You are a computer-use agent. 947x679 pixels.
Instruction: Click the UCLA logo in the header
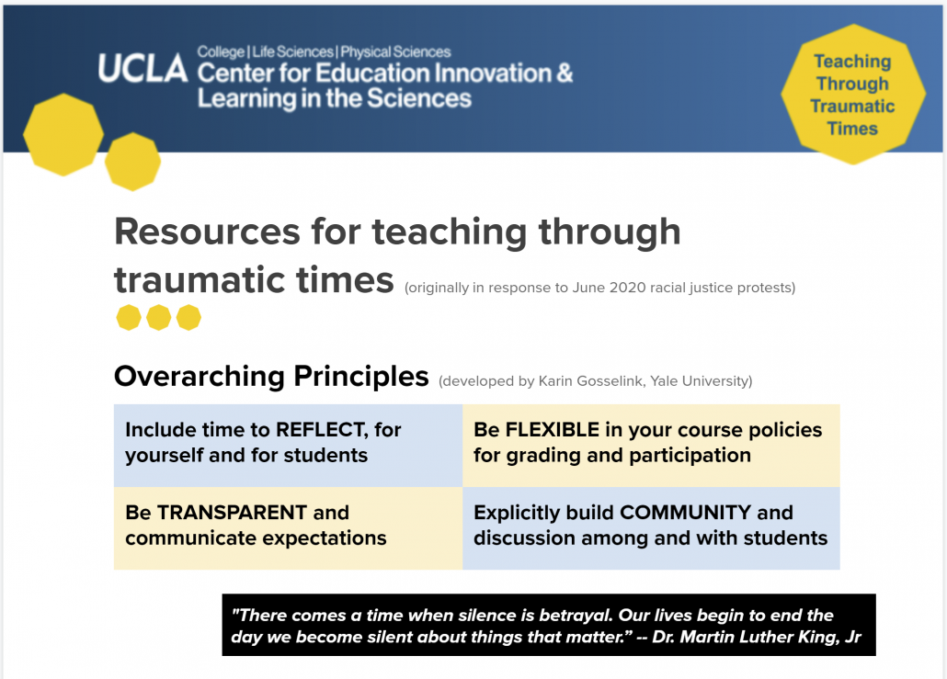click(143, 68)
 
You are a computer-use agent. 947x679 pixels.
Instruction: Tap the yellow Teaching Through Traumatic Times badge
click(853, 94)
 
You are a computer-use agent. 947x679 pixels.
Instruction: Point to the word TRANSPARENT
click(232, 513)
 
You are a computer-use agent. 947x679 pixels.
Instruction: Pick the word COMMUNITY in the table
click(686, 513)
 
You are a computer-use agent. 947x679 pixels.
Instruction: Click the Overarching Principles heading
click(271, 377)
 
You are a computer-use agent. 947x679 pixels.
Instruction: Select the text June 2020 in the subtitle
click(610, 288)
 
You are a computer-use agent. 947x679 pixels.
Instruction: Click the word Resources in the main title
click(207, 232)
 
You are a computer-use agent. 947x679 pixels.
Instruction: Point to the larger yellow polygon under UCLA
click(63, 134)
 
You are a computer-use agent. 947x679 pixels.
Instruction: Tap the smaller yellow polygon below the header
click(133, 162)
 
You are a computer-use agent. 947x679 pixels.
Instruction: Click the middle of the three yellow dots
click(159, 318)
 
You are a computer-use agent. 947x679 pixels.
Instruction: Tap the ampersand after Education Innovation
click(565, 73)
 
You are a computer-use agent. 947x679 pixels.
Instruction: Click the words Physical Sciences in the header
click(395, 51)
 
